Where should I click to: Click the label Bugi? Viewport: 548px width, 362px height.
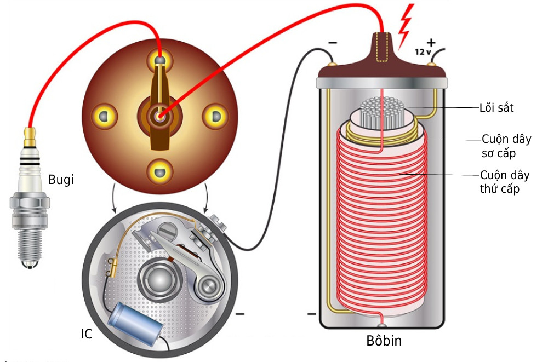(x=61, y=180)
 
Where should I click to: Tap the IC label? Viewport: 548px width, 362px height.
(x=87, y=334)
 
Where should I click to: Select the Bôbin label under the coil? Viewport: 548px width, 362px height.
(x=384, y=341)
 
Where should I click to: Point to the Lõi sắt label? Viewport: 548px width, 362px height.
(x=496, y=108)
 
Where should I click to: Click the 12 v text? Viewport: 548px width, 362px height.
(x=423, y=52)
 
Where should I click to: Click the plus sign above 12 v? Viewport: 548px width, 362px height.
(x=431, y=43)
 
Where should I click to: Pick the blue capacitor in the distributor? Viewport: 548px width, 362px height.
(x=135, y=322)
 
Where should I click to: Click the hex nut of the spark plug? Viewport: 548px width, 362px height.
(x=30, y=202)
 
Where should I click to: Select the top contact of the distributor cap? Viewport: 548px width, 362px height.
(x=159, y=60)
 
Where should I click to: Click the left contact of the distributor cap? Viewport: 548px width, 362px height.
(x=104, y=116)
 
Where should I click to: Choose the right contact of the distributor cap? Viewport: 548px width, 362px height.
(x=215, y=116)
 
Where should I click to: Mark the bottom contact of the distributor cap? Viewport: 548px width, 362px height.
(x=160, y=171)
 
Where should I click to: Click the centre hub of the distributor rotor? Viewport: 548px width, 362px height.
(x=159, y=116)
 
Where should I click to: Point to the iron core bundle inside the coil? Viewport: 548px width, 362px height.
(x=382, y=112)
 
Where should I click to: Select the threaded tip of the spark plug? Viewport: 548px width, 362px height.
(x=30, y=246)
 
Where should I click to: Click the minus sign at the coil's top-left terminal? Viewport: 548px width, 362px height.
(x=333, y=43)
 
